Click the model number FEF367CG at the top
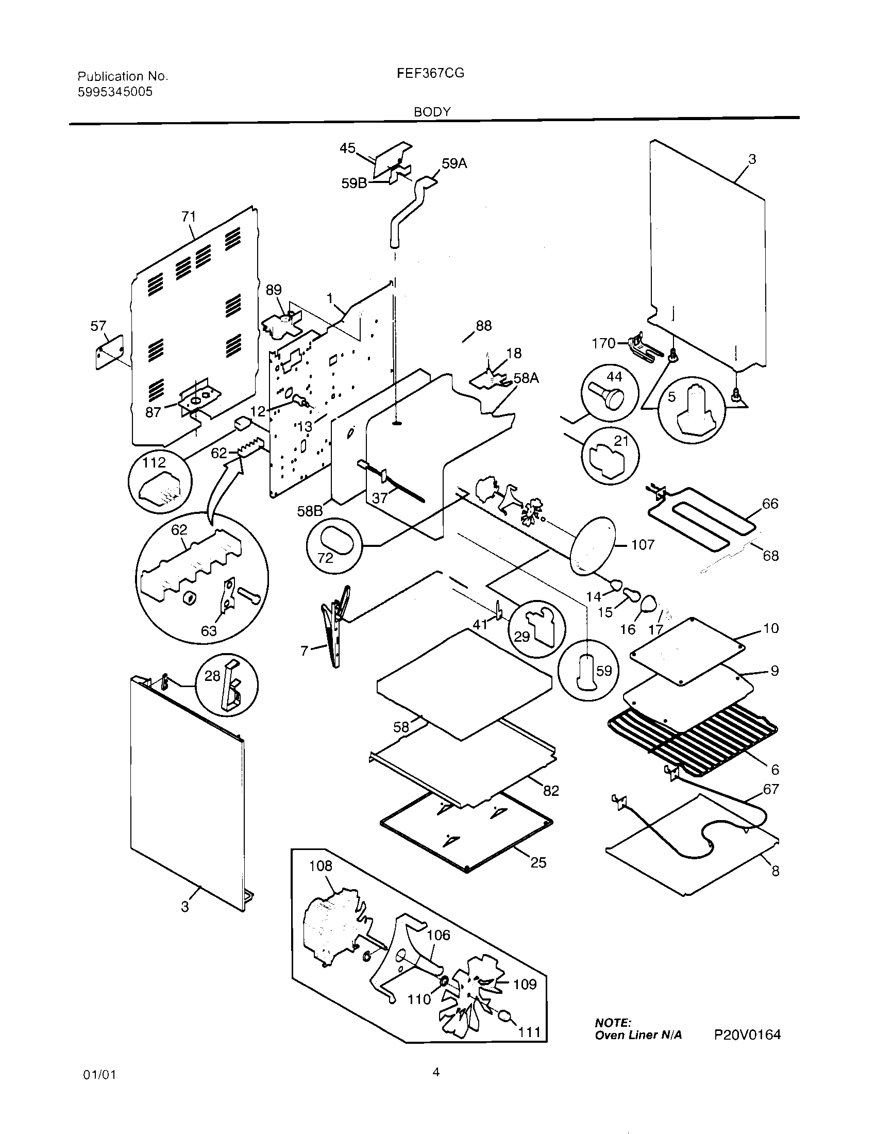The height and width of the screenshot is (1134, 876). coord(430,73)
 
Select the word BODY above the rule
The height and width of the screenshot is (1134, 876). coord(432,112)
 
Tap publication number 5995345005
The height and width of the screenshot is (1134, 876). coord(115,92)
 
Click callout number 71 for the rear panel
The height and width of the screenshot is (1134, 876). coord(189,216)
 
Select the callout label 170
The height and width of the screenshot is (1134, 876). coord(603,343)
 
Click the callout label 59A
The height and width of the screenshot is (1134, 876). coord(454,163)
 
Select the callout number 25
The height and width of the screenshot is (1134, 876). coord(538,862)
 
